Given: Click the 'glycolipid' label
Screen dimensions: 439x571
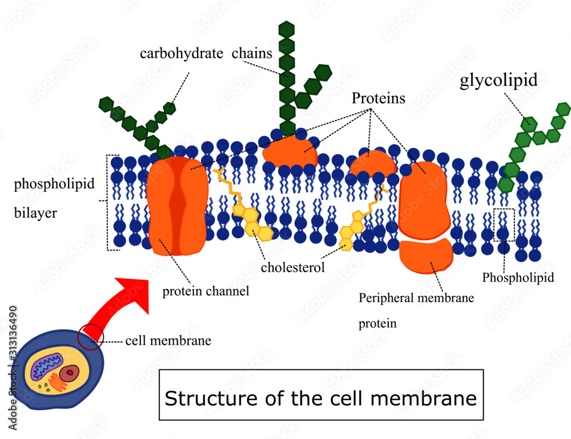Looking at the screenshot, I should coord(498,80).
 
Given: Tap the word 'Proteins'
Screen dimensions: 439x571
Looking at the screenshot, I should coord(378,98).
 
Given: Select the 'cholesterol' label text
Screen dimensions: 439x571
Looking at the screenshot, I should coord(292,267).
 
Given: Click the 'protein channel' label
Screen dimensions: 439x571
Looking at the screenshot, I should coord(206,291).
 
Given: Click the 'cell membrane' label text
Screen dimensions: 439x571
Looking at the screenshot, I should coord(168,341).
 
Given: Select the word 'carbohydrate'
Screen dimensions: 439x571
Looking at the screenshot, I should coord(181,54).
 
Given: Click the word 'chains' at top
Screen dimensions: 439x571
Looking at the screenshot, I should coord(252,54).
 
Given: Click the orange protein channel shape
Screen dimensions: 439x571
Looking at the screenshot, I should coord(177,206).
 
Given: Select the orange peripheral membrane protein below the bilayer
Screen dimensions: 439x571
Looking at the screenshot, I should coord(426,256).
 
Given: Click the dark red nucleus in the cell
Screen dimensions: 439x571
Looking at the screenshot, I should coord(70,374).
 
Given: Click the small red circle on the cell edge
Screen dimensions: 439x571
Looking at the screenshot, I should coord(90,337).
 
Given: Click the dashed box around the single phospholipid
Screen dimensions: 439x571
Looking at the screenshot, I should coord(504,225).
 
